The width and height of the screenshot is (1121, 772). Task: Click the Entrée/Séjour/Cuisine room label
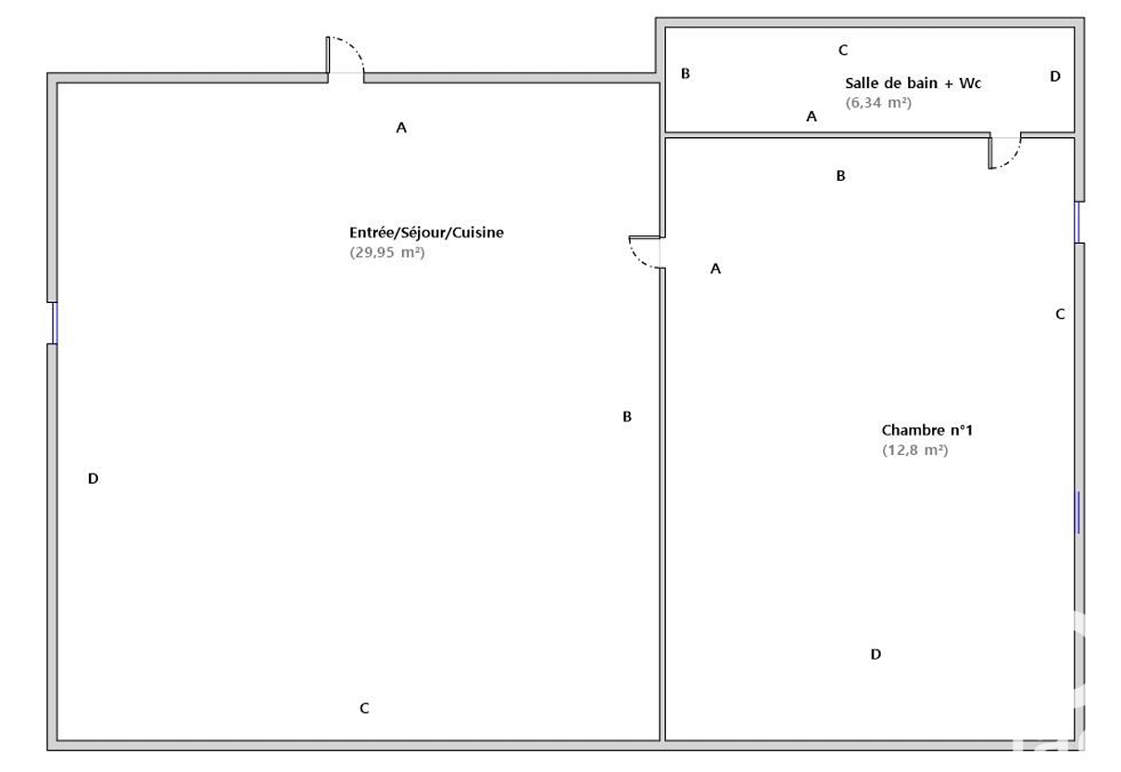426,233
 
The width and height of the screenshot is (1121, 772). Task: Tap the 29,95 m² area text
387,252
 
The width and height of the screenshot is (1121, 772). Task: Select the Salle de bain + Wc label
913,83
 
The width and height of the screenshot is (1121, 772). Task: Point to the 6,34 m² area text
878,103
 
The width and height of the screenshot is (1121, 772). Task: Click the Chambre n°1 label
926,430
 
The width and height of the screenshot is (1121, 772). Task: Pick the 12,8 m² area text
914,450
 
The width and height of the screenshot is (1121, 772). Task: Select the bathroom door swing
1005,152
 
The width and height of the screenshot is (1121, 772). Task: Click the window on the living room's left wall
55,323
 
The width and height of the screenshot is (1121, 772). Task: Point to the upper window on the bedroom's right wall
1077,222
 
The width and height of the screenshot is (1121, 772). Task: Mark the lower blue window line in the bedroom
1078,513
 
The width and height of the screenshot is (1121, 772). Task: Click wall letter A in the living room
401,128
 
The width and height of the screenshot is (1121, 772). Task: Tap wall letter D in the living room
93,478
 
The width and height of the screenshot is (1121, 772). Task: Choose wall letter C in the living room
364,708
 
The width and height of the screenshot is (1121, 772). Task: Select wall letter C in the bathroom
843,50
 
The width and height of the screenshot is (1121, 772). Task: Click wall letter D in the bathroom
1055,77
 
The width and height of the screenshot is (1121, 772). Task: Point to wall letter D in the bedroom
875,654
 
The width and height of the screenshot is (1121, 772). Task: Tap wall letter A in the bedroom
715,269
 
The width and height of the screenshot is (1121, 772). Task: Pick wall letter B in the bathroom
686,73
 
